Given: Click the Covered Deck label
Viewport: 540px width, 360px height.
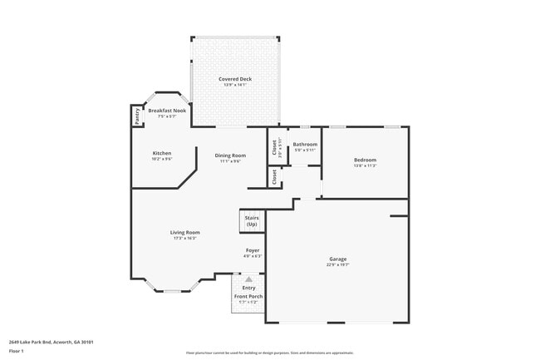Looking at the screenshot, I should (x=236, y=79).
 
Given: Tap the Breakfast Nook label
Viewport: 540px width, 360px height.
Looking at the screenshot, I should (x=166, y=110).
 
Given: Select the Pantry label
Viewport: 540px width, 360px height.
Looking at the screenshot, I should (x=137, y=116).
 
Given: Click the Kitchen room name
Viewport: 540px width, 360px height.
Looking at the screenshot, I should (x=162, y=154).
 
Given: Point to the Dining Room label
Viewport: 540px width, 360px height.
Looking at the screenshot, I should (x=230, y=155).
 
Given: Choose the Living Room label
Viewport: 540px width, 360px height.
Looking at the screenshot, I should (x=185, y=232).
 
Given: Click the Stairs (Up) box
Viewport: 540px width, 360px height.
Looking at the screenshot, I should (x=251, y=221).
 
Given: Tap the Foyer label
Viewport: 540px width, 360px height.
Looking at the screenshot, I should (x=253, y=250).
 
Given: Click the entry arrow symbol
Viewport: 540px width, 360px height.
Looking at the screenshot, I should (x=248, y=279).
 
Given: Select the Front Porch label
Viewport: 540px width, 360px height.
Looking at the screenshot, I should (x=248, y=296).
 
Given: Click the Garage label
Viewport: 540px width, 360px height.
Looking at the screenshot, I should (x=337, y=259).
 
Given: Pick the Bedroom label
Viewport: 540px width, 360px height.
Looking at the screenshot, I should (x=365, y=160).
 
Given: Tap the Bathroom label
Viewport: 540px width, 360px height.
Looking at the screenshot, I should (x=305, y=145).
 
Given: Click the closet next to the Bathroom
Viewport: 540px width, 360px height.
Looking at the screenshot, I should (x=275, y=147).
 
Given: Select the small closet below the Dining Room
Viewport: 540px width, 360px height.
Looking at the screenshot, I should (x=274, y=177).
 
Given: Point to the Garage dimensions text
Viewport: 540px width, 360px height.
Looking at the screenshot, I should (x=337, y=265).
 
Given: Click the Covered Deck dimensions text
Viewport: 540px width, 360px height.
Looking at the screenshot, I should (x=236, y=85).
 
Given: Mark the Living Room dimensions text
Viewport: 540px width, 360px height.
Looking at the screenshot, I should (x=185, y=238).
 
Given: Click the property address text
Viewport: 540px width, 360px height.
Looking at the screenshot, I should (x=51, y=341).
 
